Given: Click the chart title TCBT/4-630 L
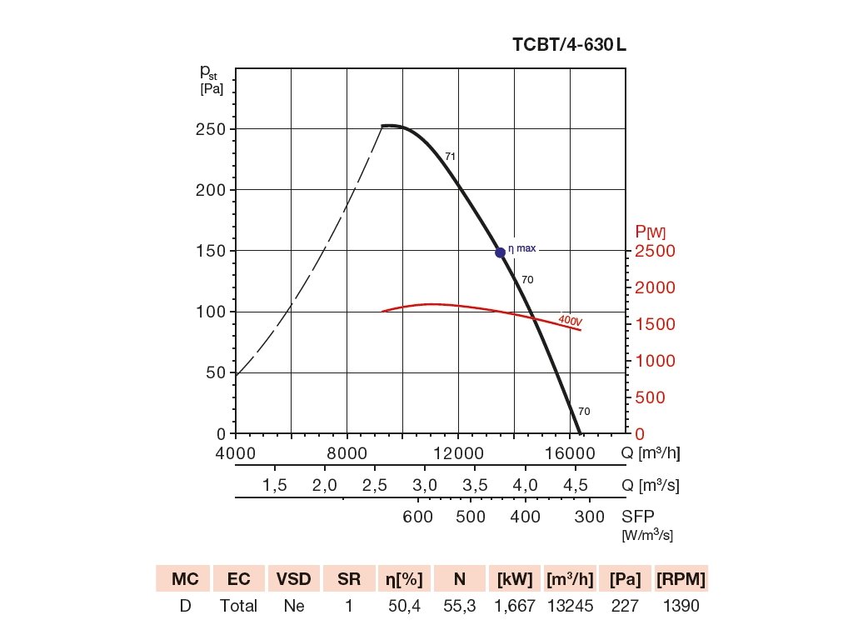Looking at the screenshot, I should [x=569, y=45].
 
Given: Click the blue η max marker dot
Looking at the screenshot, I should [x=500, y=252].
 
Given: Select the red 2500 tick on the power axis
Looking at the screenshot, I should [x=656, y=251].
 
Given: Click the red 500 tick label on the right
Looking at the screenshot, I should [x=650, y=397].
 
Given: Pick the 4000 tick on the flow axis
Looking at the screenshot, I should [x=236, y=453].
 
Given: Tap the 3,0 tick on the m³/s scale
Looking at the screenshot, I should [x=425, y=485].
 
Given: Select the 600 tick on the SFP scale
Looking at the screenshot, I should [x=417, y=517].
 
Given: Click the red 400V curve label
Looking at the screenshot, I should [x=570, y=320].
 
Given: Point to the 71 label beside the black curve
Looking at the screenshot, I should [x=450, y=156].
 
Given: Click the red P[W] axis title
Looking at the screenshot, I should [x=650, y=232].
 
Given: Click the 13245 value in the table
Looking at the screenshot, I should [x=570, y=606].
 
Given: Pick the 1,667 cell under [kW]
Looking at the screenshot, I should [x=515, y=606].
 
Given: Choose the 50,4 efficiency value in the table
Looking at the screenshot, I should [x=405, y=606].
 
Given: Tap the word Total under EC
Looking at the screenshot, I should [x=238, y=606].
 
